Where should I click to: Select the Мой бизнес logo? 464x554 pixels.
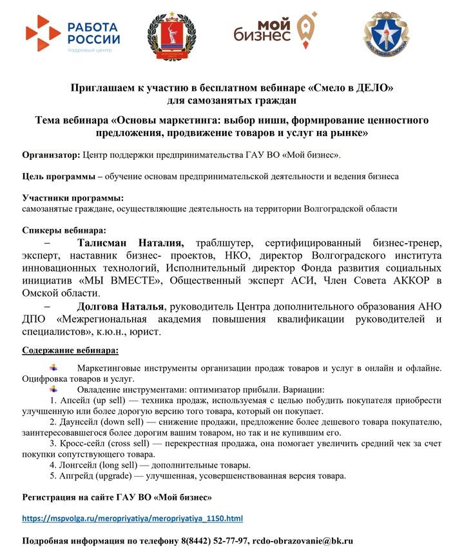pyautogui.click(x=275, y=34)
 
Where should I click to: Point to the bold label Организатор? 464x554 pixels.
pyautogui.click(x=52, y=155)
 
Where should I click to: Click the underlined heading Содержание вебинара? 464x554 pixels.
pyautogui.click(x=70, y=350)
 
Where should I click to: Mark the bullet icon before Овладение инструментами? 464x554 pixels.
pyautogui.click(x=53, y=389)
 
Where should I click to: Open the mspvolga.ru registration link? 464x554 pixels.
pyautogui.click(x=133, y=518)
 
